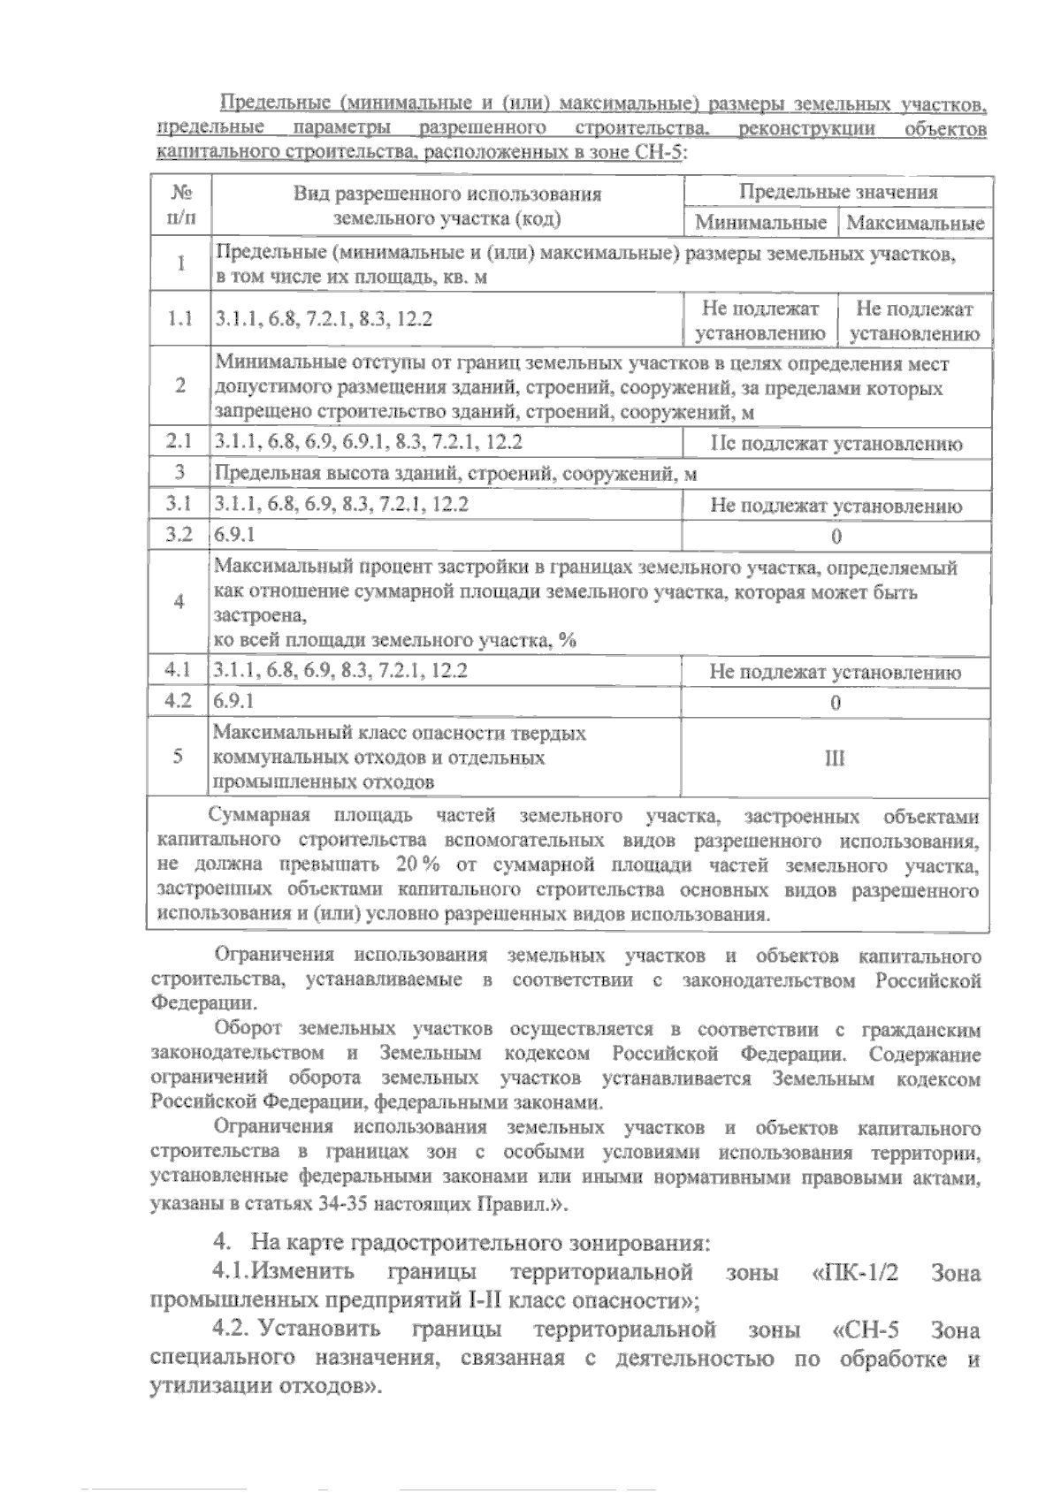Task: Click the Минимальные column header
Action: (760, 223)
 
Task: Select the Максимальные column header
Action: (915, 223)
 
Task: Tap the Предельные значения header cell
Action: (837, 192)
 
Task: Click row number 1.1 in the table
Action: (180, 319)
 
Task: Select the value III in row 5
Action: (835, 758)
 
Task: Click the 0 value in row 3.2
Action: (836, 537)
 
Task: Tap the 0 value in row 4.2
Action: (836, 703)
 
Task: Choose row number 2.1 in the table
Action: (180, 443)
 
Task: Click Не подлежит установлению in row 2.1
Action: (836, 444)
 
